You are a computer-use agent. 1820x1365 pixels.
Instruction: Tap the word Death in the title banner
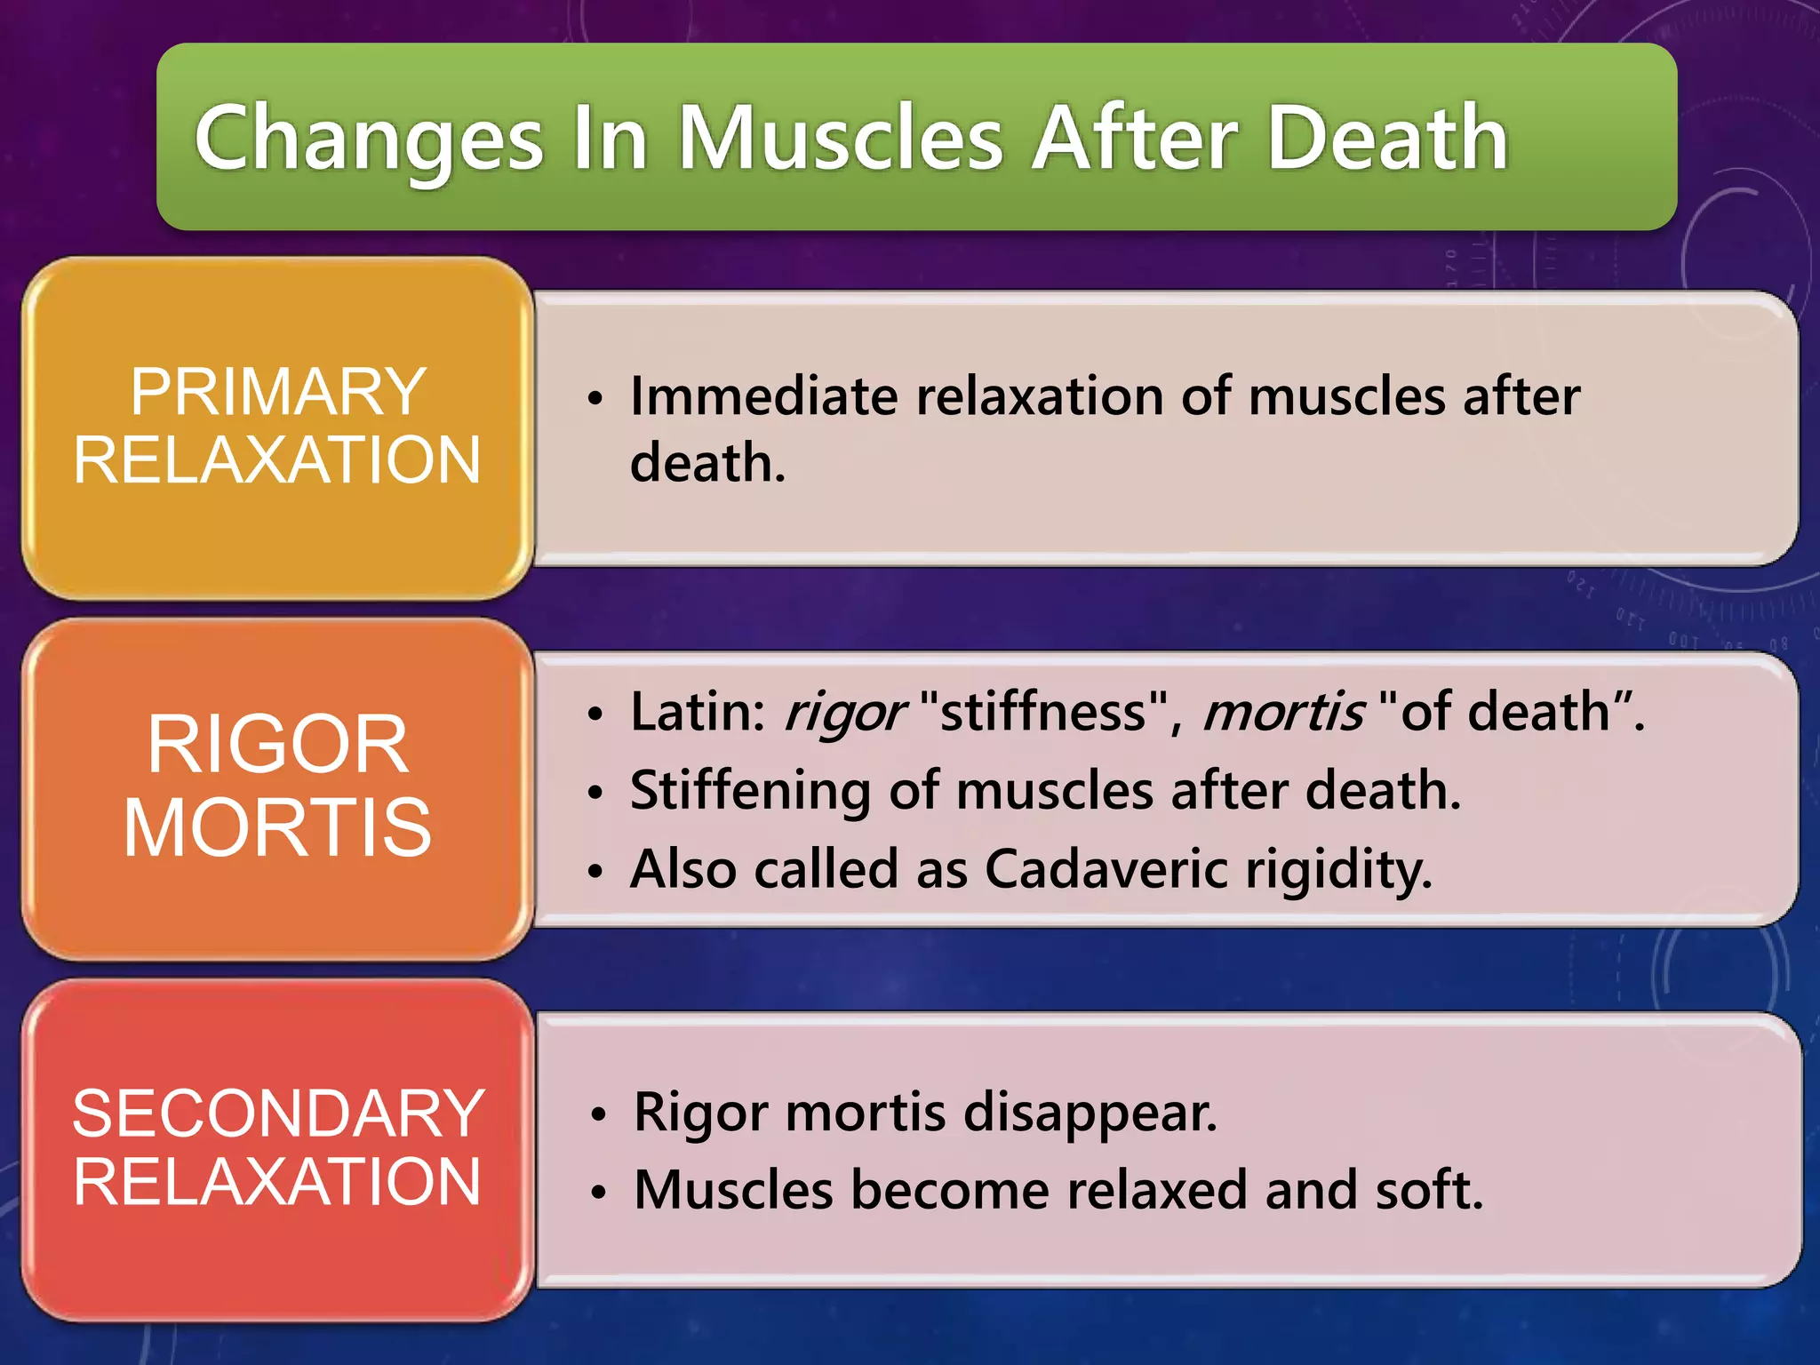pos(1386,138)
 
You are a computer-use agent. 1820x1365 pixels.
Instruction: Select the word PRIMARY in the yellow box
pos(278,392)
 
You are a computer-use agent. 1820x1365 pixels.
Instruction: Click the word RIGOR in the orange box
pos(278,745)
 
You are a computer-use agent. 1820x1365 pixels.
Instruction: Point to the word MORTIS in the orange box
pos(278,827)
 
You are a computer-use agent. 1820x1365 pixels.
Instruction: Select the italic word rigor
pos(844,714)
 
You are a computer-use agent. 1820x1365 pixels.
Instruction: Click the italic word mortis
pos(1282,712)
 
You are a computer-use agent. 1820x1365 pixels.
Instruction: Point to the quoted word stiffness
pos(1043,712)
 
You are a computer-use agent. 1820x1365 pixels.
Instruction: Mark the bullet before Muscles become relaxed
pos(599,1193)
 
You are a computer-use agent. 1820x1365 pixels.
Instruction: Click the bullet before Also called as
pos(595,871)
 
